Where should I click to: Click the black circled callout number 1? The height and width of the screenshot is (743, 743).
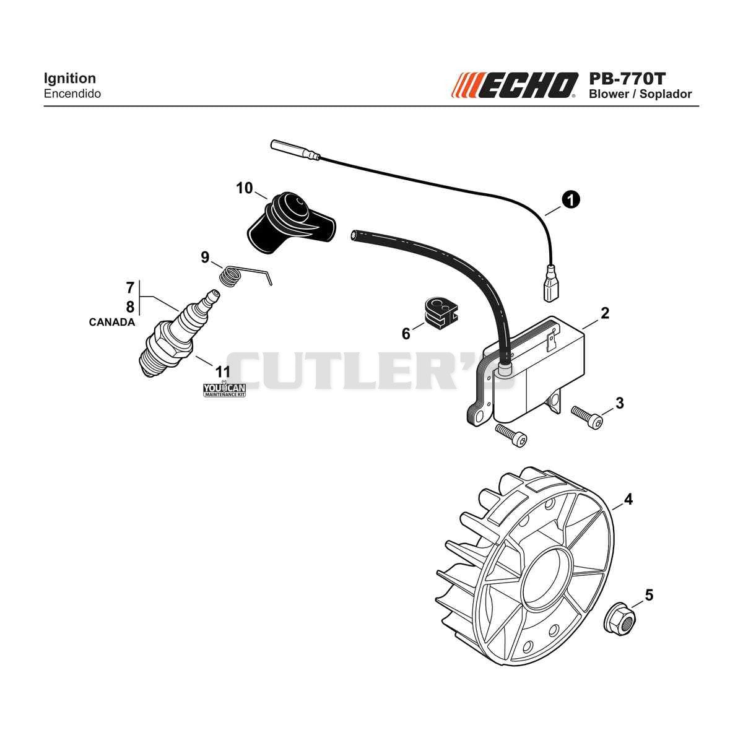click(571, 200)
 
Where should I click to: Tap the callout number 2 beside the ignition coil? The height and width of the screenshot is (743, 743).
click(605, 313)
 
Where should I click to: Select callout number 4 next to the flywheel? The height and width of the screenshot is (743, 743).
click(628, 500)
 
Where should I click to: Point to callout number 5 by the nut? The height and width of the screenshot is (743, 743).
click(650, 595)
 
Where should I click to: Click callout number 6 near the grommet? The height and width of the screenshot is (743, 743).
click(406, 334)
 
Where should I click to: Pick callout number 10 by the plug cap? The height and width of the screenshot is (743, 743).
click(245, 188)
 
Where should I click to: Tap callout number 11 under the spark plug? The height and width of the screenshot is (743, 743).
click(222, 372)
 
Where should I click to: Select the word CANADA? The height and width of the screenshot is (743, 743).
click(112, 323)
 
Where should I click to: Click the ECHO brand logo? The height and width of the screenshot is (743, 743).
click(515, 85)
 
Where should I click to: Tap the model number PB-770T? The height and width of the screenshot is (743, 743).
click(627, 79)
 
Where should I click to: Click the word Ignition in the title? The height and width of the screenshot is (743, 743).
click(70, 78)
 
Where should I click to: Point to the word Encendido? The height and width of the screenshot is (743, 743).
click(72, 94)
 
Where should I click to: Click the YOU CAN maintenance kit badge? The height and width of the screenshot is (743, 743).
click(224, 390)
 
